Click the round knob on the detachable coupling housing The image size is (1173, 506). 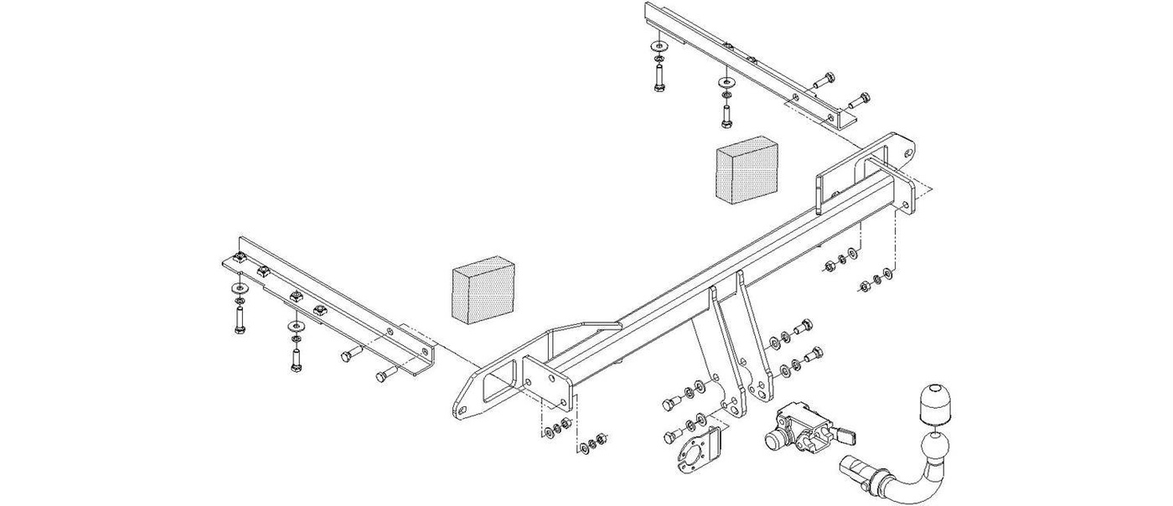[772, 439]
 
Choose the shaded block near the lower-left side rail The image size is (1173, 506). [483, 287]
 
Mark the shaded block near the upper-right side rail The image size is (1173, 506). [746, 171]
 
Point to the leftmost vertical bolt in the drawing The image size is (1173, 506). [239, 320]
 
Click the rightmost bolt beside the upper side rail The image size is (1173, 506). [859, 103]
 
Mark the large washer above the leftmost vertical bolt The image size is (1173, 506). [237, 289]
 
